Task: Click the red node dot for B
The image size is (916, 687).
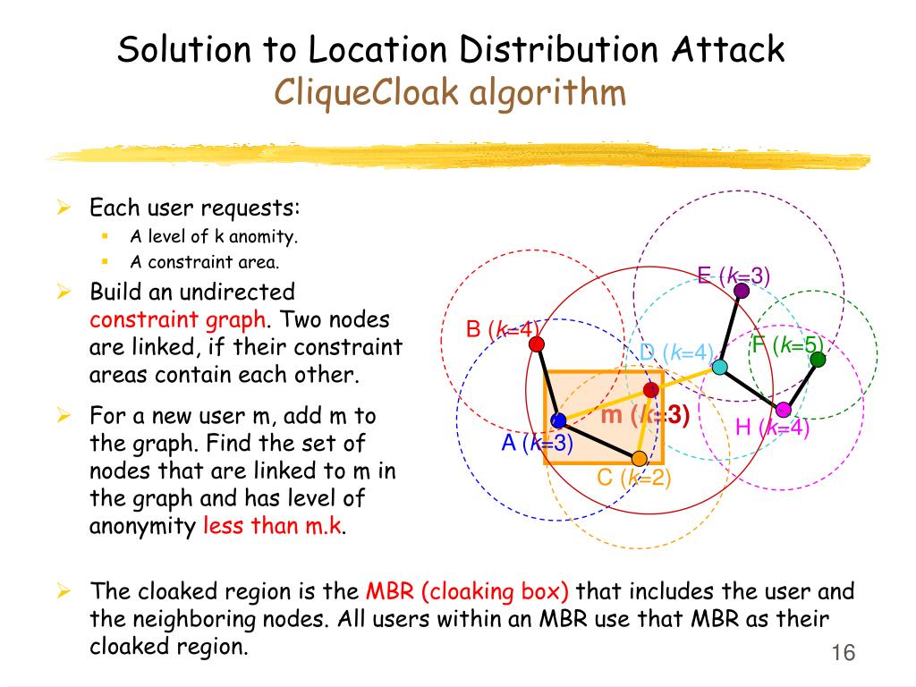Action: [536, 344]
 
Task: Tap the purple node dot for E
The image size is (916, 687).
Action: [741, 290]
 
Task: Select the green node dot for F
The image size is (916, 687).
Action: [817, 359]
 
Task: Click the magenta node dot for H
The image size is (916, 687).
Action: [783, 410]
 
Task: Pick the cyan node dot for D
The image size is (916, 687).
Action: [719, 367]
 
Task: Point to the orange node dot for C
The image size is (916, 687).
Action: [639, 459]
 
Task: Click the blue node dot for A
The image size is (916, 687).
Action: [558, 420]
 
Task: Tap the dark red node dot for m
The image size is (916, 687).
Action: [651, 389]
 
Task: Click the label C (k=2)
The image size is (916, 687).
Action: [633, 478]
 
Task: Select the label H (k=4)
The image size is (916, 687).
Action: [772, 428]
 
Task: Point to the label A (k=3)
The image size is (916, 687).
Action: [537, 442]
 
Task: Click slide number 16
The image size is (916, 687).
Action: [843, 653]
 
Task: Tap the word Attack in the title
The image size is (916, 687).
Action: [726, 49]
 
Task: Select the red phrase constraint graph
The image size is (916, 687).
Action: [177, 319]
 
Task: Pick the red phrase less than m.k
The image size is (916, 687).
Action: [273, 526]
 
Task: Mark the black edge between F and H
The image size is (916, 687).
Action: [801, 384]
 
